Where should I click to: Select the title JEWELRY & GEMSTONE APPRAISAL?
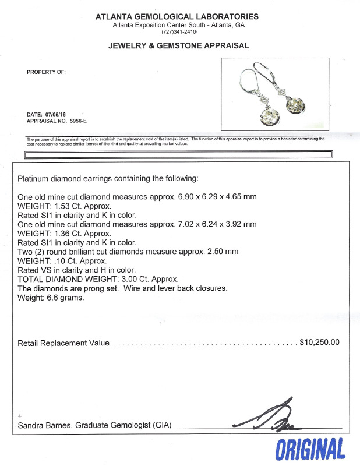point(178,45)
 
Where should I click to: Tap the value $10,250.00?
point(319,343)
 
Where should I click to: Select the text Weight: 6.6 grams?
point(51,297)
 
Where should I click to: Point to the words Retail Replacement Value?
point(64,343)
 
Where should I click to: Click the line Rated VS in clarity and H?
point(76,270)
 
